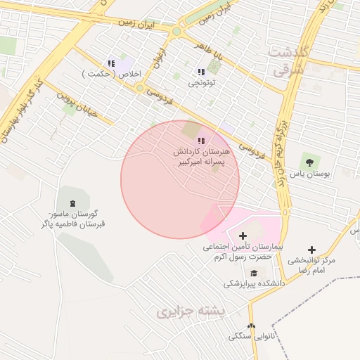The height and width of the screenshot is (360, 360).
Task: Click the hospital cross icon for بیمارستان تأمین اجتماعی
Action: pyautogui.click(x=243, y=236)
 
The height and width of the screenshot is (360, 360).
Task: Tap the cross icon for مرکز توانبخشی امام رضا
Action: pyautogui.click(x=311, y=250)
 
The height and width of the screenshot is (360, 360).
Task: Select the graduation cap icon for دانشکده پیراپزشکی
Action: pyautogui.click(x=254, y=274)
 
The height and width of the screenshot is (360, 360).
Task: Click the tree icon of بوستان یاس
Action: pyautogui.click(x=307, y=161)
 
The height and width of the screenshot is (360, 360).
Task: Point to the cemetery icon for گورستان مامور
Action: pyautogui.click(x=72, y=202)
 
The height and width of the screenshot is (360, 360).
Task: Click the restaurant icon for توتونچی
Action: pyautogui.click(x=201, y=72)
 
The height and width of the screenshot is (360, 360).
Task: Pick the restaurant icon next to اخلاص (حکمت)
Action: pyautogui.click(x=110, y=63)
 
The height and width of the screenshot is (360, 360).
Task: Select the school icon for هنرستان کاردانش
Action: pyautogui.click(x=201, y=141)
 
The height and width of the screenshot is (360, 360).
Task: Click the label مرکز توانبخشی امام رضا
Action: pyautogui.click(x=312, y=265)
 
